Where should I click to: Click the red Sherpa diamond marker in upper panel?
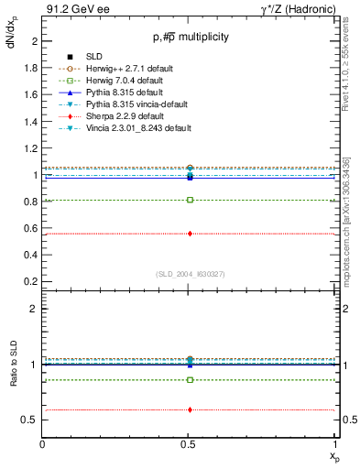pyautogui.click(x=190, y=234)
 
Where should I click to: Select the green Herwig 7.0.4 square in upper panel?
pyautogui.click(x=190, y=200)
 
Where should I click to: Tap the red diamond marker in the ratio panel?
pyautogui.click(x=190, y=409)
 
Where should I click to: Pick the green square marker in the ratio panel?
pyautogui.click(x=190, y=379)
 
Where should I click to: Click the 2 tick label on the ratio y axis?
pyautogui.click(x=35, y=309)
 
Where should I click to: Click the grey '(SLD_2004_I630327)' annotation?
pyautogui.click(x=190, y=274)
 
